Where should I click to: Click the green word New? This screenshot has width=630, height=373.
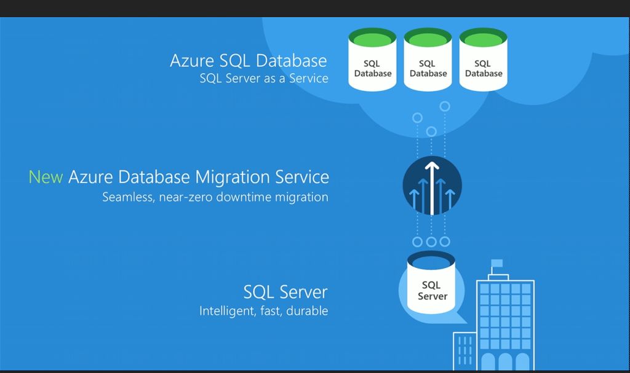46,177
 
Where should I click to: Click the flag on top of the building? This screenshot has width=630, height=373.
496,264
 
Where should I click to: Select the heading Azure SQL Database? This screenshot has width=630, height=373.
248,61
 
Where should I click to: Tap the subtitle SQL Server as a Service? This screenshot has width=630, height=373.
264,79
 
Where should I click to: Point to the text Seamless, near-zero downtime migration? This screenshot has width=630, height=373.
215,197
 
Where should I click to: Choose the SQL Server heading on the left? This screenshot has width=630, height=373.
285,291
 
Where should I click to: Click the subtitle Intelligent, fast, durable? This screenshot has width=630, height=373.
263,311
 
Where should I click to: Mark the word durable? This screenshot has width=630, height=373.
308,311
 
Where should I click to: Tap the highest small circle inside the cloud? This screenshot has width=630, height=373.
445,106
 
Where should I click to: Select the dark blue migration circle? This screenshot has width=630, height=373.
432,186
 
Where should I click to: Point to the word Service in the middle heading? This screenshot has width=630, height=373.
303,177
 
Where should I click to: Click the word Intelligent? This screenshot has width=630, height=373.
225,311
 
